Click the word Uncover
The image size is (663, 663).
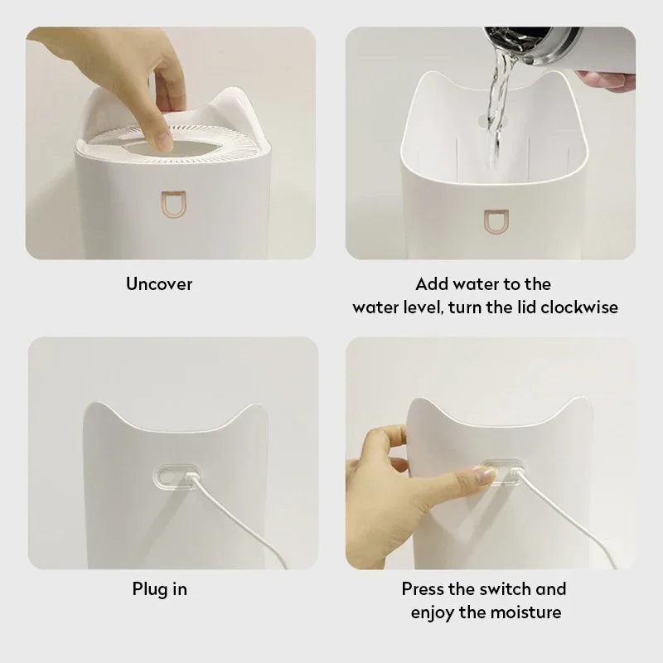click(x=159, y=284)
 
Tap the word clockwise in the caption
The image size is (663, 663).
click(x=579, y=307)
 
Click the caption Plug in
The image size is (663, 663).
click(x=159, y=589)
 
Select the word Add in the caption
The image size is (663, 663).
click(x=432, y=284)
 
